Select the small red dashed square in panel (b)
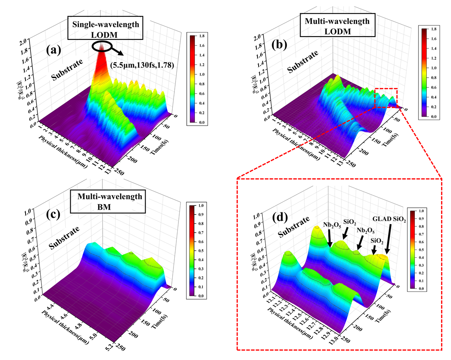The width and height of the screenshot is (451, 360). pos(386,98)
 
